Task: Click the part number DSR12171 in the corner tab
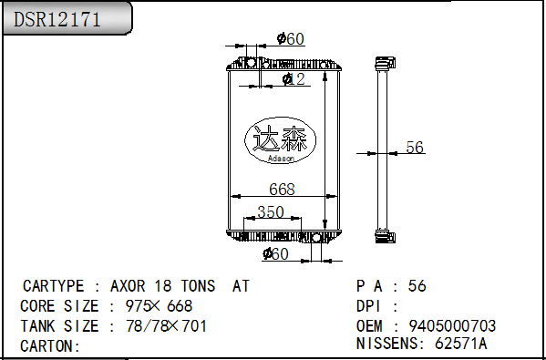(57, 19)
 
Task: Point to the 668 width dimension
(282, 189)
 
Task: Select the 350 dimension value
(271, 211)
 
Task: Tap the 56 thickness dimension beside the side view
(415, 147)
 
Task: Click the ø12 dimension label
(294, 79)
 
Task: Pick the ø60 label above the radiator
(291, 38)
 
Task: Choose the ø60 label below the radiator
(275, 253)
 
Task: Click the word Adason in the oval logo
(281, 159)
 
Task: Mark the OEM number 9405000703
(452, 326)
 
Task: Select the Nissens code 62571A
(460, 344)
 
